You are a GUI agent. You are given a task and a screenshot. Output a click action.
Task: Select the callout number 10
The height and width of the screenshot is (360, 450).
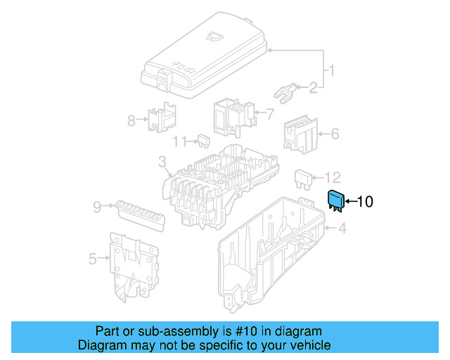[365, 202]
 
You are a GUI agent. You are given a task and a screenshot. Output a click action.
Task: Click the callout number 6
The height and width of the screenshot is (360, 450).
[335, 133]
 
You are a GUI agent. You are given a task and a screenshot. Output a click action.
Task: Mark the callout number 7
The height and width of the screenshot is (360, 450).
[269, 112]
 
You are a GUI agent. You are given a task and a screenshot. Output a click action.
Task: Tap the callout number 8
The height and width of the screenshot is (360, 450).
[131, 120]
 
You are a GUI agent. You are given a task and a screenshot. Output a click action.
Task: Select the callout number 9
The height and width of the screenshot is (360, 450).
[98, 206]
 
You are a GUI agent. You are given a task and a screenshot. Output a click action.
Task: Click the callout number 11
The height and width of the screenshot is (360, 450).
[180, 141]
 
